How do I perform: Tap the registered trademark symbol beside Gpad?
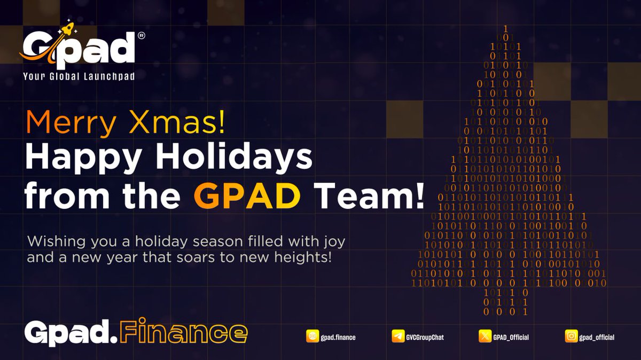(x=141, y=36)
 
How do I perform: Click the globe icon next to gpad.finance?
(x=312, y=336)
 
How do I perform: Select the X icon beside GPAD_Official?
(x=484, y=336)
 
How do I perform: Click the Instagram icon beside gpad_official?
(x=571, y=336)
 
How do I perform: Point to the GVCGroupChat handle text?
(x=425, y=337)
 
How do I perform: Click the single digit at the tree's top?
(x=505, y=28)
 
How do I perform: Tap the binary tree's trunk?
(x=505, y=302)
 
